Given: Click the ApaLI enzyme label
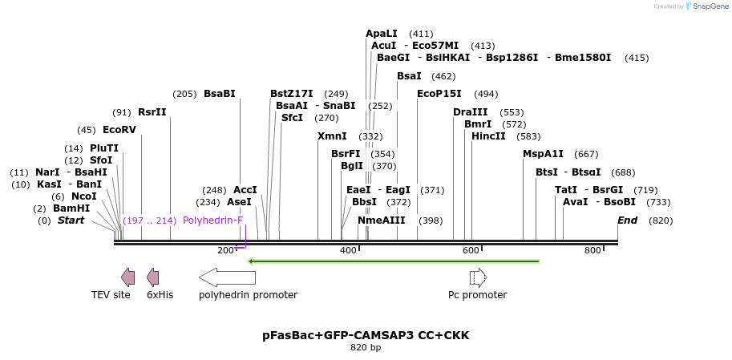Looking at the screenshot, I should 381,34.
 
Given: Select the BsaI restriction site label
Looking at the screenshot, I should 409,75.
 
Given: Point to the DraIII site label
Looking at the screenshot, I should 470,112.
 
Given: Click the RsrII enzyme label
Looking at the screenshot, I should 152,112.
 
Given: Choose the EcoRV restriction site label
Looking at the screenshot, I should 119,130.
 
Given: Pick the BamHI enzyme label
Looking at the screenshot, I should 71,208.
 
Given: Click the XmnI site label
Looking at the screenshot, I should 332,136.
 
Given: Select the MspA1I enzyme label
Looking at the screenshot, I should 543,154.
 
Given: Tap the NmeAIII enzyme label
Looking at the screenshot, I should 382,220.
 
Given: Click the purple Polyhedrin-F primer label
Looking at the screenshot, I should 212,220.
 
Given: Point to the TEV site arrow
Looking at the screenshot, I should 127,277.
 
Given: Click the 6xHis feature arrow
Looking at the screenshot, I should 152,277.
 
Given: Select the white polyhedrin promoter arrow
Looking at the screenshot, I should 227,277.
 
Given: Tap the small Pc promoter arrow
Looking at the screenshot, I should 478,277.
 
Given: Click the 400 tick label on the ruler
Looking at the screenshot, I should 348,251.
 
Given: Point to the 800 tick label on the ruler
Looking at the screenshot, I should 592,251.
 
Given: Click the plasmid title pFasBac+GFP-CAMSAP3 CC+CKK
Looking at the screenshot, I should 366,335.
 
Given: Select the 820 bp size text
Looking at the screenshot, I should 366,348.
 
